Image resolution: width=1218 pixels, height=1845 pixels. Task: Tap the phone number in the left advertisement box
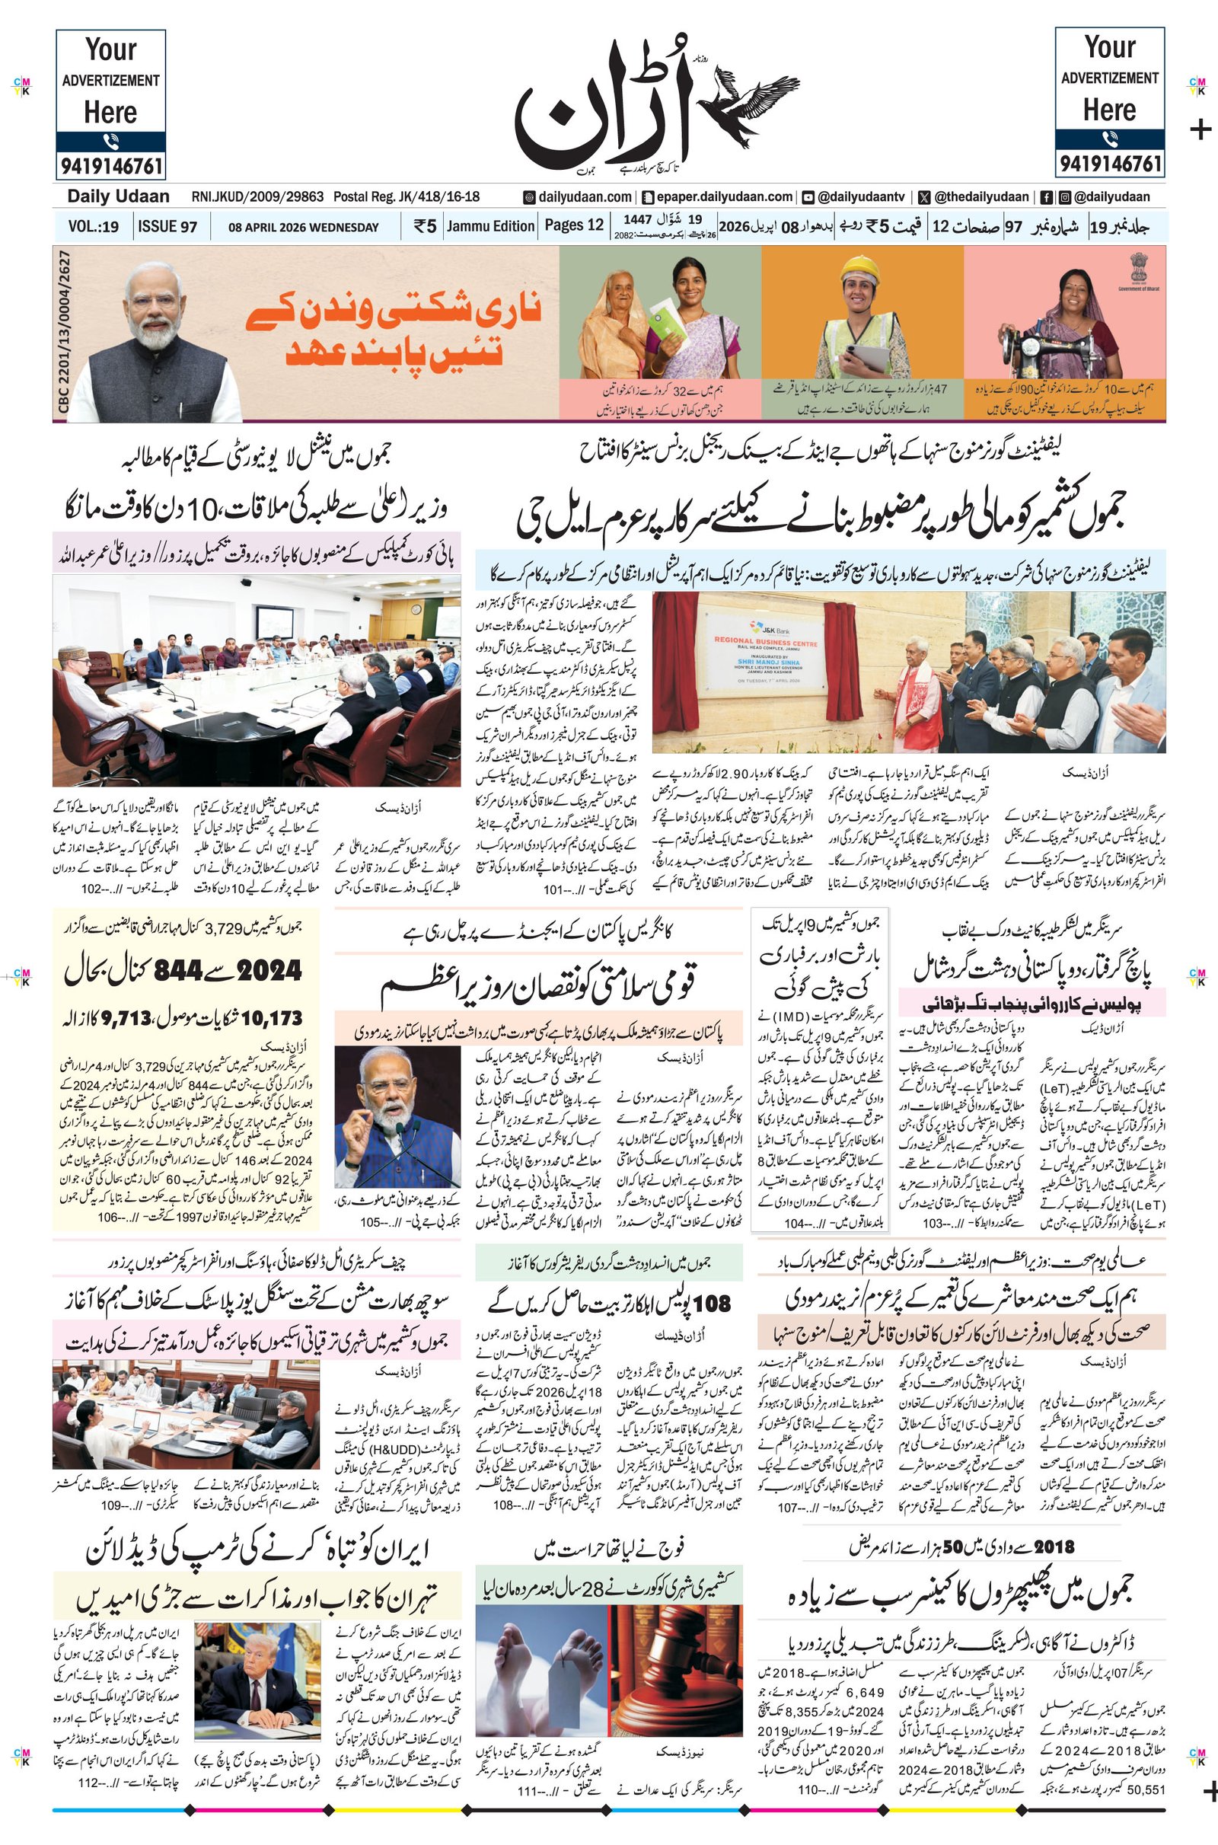pos(110,166)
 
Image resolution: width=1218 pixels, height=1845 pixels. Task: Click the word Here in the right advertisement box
pos(1109,110)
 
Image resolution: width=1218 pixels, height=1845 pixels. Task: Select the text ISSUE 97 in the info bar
pos(167,227)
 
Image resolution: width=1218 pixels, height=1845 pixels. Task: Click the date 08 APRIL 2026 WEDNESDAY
pos(303,228)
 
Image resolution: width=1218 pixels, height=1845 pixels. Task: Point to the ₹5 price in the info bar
pos(425,227)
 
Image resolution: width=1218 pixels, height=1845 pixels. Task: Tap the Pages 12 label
pos(574,225)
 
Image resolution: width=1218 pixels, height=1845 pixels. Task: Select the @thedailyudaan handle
pos(981,197)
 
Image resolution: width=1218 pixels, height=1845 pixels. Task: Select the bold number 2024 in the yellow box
pos(269,970)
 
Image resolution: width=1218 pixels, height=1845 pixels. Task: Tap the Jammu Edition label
pos(491,226)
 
